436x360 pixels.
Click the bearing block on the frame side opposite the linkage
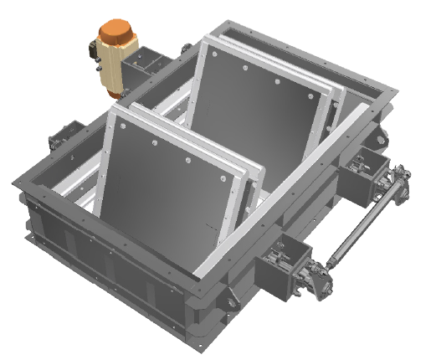tap(68, 138)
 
